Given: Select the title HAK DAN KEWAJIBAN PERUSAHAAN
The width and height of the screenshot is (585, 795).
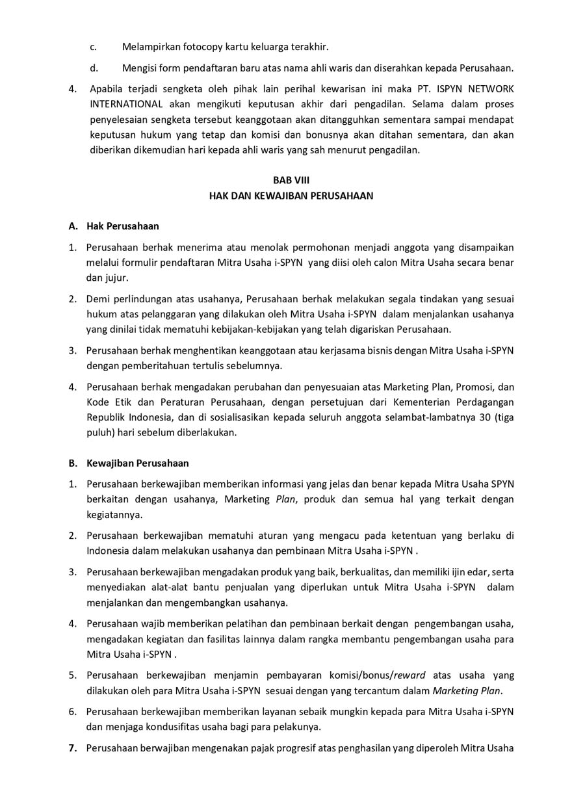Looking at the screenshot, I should (291, 196).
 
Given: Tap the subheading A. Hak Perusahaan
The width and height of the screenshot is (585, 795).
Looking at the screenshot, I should (114, 226).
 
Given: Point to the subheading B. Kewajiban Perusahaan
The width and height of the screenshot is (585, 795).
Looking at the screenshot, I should (129, 463).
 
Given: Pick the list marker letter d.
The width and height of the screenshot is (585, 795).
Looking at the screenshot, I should (94, 68).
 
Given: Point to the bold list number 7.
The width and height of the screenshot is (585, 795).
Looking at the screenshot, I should (73, 748).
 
